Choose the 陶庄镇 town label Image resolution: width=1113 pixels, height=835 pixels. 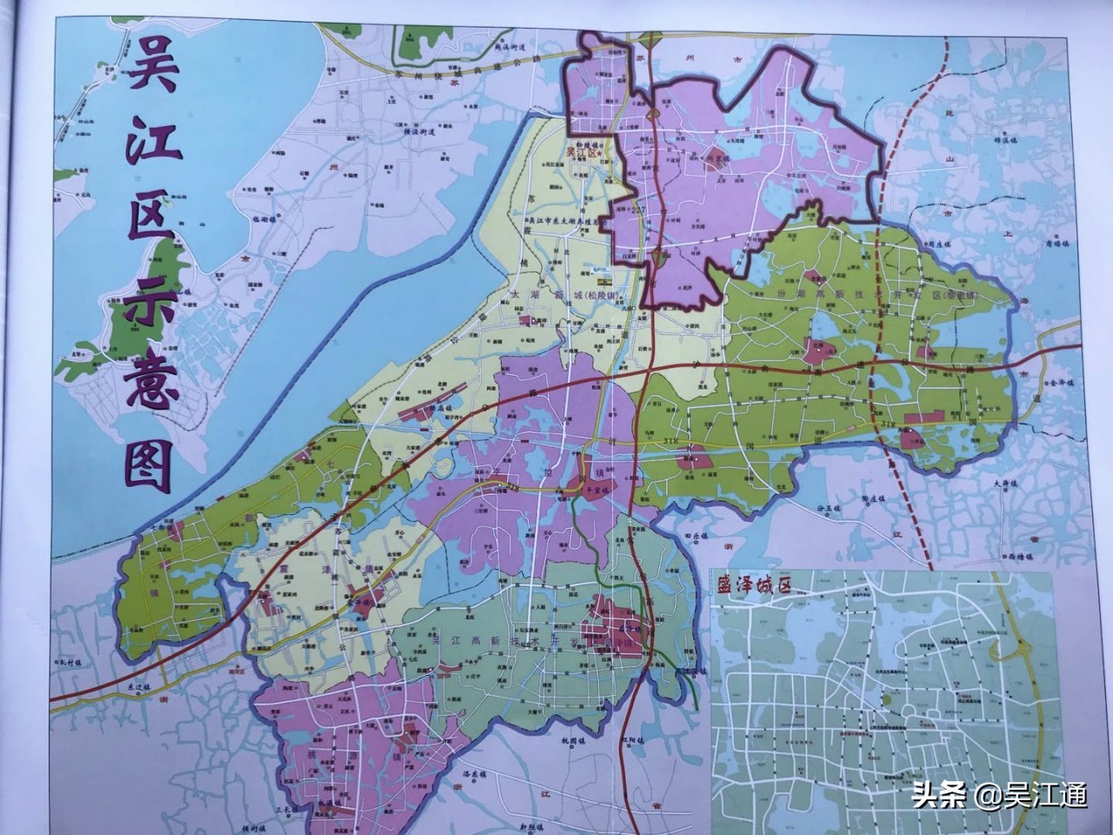[x=874, y=499]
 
